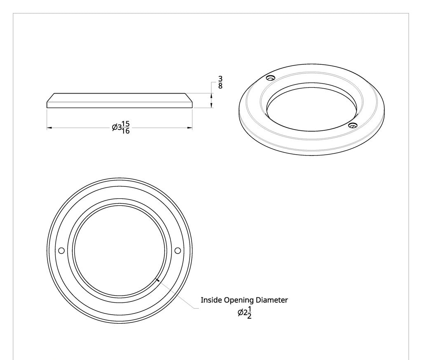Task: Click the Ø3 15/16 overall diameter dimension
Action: [121, 128]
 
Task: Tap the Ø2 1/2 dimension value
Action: [244, 313]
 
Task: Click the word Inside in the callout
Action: [211, 300]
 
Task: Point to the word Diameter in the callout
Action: [272, 300]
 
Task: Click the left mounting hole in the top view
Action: [62, 250]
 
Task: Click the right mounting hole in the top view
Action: [178, 250]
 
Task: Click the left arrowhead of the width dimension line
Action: [49, 128]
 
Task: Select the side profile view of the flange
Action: [120, 101]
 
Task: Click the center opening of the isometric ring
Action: [312, 111]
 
